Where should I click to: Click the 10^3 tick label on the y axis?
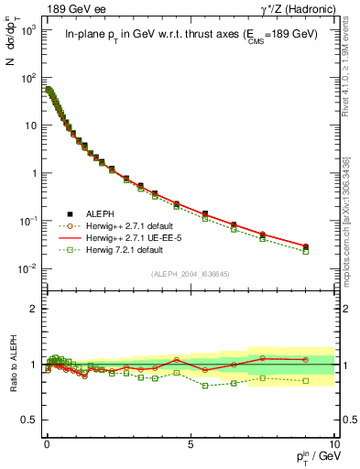pos(25,30)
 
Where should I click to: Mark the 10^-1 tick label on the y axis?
pos(25,221)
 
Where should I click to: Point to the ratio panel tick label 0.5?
pos(28,419)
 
